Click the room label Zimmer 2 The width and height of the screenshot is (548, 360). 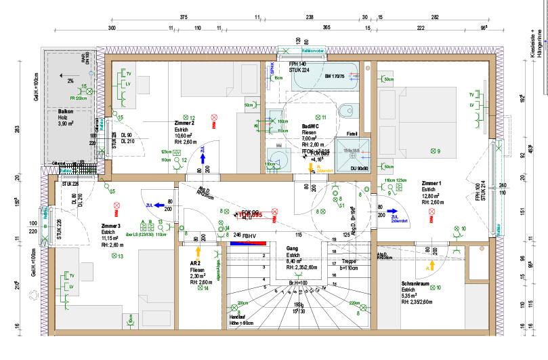point(184,123)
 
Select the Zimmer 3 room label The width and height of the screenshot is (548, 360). point(110,226)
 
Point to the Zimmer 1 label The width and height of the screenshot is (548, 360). point(431,184)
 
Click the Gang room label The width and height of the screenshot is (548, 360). point(293,249)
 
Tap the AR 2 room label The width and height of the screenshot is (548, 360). point(195,262)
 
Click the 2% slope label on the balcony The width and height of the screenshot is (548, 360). point(71,81)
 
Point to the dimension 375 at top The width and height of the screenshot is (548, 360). point(183,17)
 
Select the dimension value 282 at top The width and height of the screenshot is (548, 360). point(435,17)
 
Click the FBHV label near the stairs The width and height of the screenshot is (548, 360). point(249,236)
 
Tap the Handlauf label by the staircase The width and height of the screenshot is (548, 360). point(236,317)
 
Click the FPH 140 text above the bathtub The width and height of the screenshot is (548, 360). point(298,64)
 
